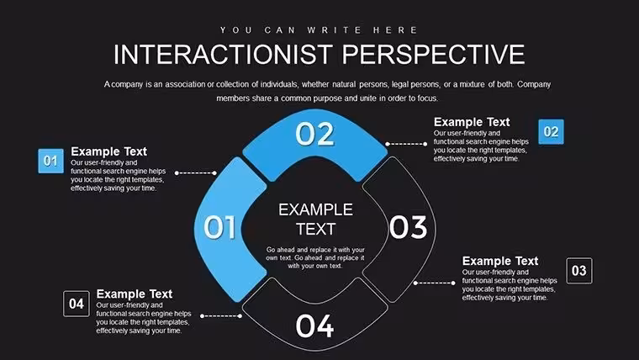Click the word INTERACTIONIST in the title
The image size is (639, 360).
223,54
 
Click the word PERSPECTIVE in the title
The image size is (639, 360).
433,54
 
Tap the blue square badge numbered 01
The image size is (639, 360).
51,161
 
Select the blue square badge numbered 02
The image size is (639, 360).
551,132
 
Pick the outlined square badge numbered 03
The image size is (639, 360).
579,270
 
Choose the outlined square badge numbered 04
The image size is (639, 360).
77,304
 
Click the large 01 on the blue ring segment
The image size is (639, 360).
219,226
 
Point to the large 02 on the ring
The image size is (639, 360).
315,134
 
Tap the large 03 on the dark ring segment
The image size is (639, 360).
408,227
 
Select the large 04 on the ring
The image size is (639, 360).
314,326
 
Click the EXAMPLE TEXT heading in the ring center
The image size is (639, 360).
316,220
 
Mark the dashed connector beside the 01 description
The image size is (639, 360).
196,173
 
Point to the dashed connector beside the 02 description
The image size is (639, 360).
406,144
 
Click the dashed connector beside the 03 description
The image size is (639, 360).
435,283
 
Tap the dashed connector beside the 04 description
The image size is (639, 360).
221,316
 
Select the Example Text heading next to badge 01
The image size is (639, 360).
108,151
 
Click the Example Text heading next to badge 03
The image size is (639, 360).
500,261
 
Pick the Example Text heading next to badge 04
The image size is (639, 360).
135,294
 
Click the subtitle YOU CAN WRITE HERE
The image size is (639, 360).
319,30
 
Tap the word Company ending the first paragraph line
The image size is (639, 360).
534,84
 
